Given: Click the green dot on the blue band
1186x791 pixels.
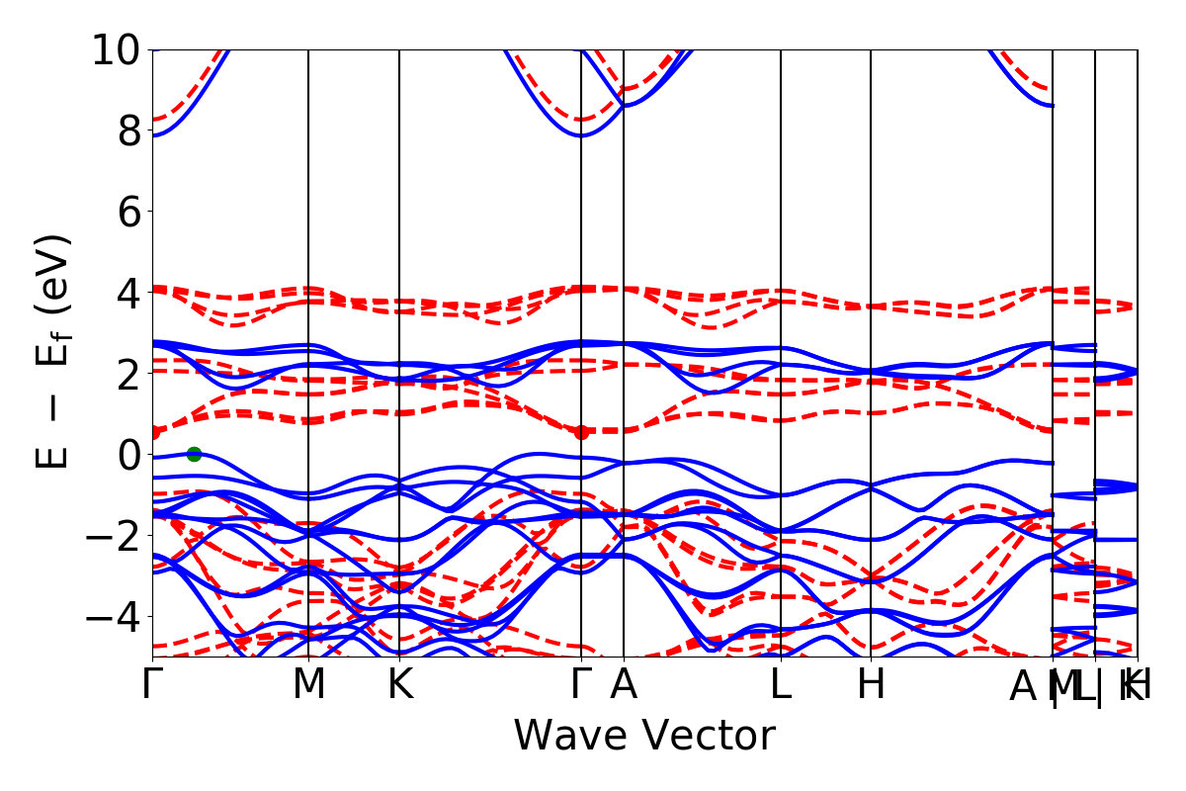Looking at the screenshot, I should (x=194, y=454).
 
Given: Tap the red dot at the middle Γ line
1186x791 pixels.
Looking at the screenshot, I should (x=581, y=432).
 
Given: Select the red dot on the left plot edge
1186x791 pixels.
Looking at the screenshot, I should (x=153, y=432).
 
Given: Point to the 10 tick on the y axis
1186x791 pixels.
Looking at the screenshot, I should (x=118, y=48).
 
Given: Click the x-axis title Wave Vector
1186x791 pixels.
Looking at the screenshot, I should (x=644, y=737).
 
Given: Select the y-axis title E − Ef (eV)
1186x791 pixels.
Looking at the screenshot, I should (x=54, y=352).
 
